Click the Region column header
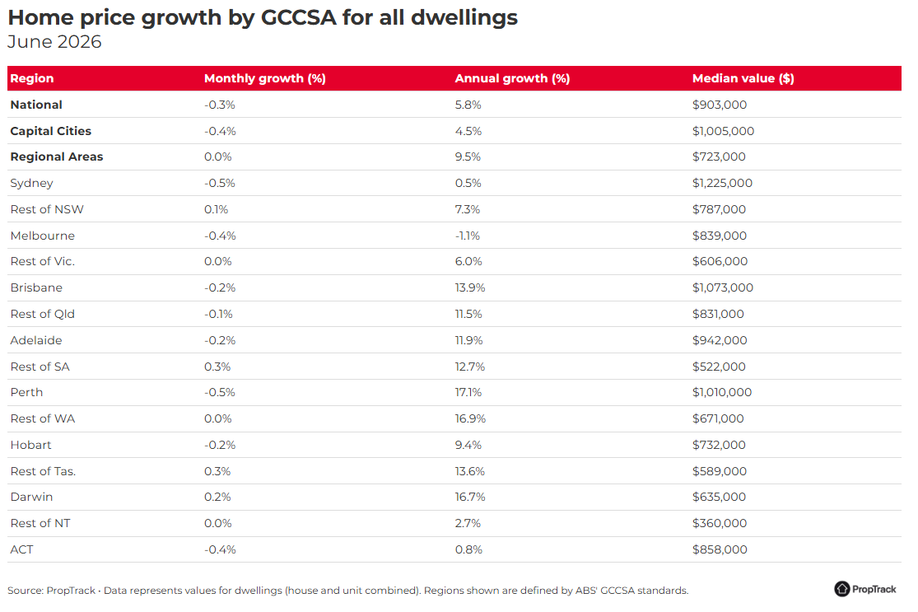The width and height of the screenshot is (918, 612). tap(31, 78)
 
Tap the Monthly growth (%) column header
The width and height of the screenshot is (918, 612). tap(264, 78)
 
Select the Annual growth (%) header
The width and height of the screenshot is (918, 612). tap(512, 78)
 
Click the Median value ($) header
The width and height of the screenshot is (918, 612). tap(743, 78)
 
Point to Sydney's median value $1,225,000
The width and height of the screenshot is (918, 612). tap(722, 184)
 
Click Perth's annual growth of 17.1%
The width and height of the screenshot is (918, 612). tap(468, 392)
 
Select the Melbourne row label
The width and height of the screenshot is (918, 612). tap(42, 236)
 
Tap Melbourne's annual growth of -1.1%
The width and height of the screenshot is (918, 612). tap(467, 236)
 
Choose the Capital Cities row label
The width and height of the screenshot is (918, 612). tap(50, 131)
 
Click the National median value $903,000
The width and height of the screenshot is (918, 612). tap(720, 105)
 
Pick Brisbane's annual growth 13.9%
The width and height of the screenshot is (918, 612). tap(470, 287)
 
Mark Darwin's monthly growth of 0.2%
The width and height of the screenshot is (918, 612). tap(217, 498)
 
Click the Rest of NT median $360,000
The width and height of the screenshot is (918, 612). tap(720, 523)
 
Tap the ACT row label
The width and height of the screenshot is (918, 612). tap(21, 549)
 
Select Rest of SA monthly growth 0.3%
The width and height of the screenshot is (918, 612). tap(217, 367)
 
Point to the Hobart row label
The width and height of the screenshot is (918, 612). tap(30, 445)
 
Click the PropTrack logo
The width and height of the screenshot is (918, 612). tap(864, 589)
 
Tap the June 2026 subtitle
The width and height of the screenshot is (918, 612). tap(54, 41)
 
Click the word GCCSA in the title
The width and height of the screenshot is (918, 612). tap(299, 17)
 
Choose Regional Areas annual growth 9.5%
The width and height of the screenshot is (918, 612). tap(468, 157)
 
